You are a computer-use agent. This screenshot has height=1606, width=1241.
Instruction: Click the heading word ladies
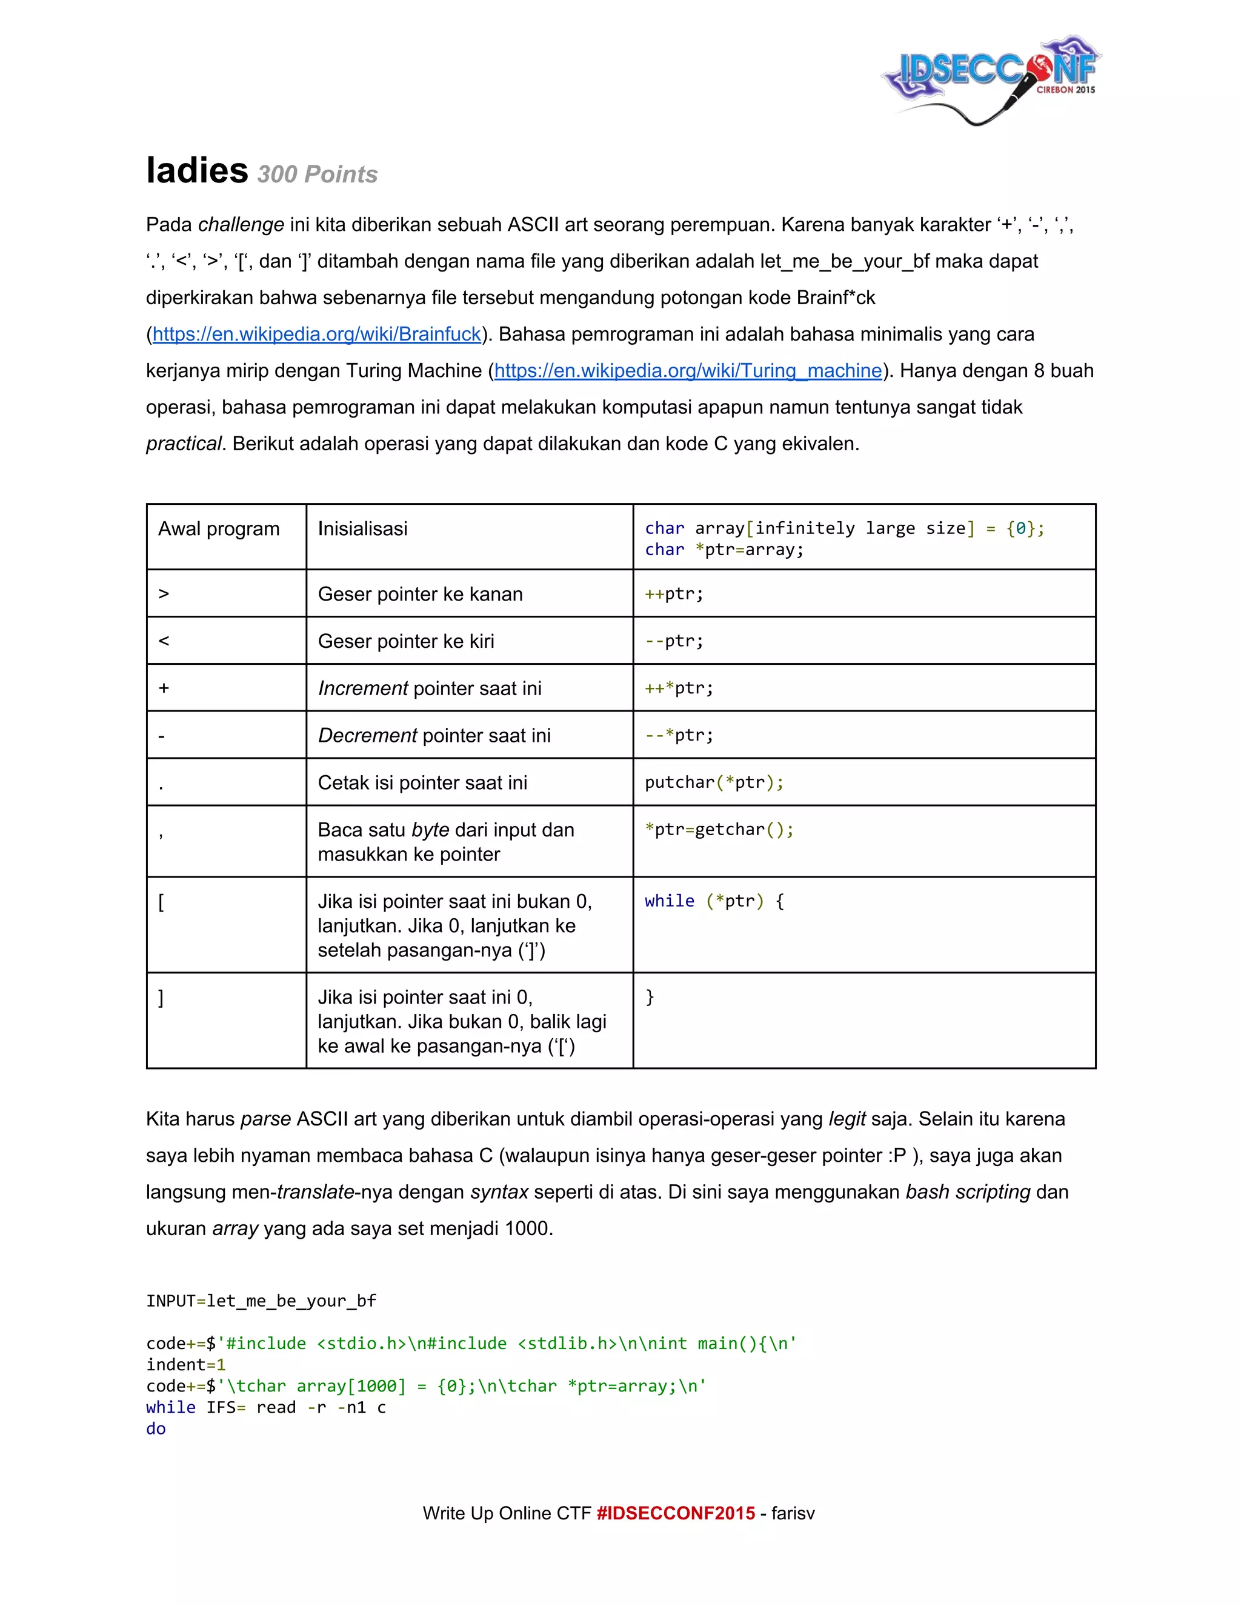click(x=197, y=171)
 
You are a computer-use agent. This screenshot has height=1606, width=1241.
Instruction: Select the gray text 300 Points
click(x=317, y=175)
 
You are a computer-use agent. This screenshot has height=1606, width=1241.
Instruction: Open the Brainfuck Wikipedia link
click(x=316, y=334)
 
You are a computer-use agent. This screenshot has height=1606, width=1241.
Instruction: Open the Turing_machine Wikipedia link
click(x=687, y=371)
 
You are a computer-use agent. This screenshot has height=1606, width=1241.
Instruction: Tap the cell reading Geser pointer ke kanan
click(x=420, y=594)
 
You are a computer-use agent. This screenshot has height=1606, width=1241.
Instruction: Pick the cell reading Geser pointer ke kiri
click(x=406, y=641)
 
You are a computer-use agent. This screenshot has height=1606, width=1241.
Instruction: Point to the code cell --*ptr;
click(x=679, y=735)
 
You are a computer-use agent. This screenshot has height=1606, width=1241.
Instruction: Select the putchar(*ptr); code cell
click(x=714, y=782)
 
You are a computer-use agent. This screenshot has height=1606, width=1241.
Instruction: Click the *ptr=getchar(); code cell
click(x=719, y=830)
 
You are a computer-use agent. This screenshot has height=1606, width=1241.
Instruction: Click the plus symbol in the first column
click(x=164, y=688)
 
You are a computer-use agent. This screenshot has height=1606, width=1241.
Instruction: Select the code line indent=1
click(x=185, y=1365)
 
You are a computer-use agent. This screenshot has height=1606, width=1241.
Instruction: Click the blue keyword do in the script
click(x=156, y=1429)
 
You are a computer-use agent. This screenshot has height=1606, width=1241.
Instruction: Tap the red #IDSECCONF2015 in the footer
click(x=676, y=1513)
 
